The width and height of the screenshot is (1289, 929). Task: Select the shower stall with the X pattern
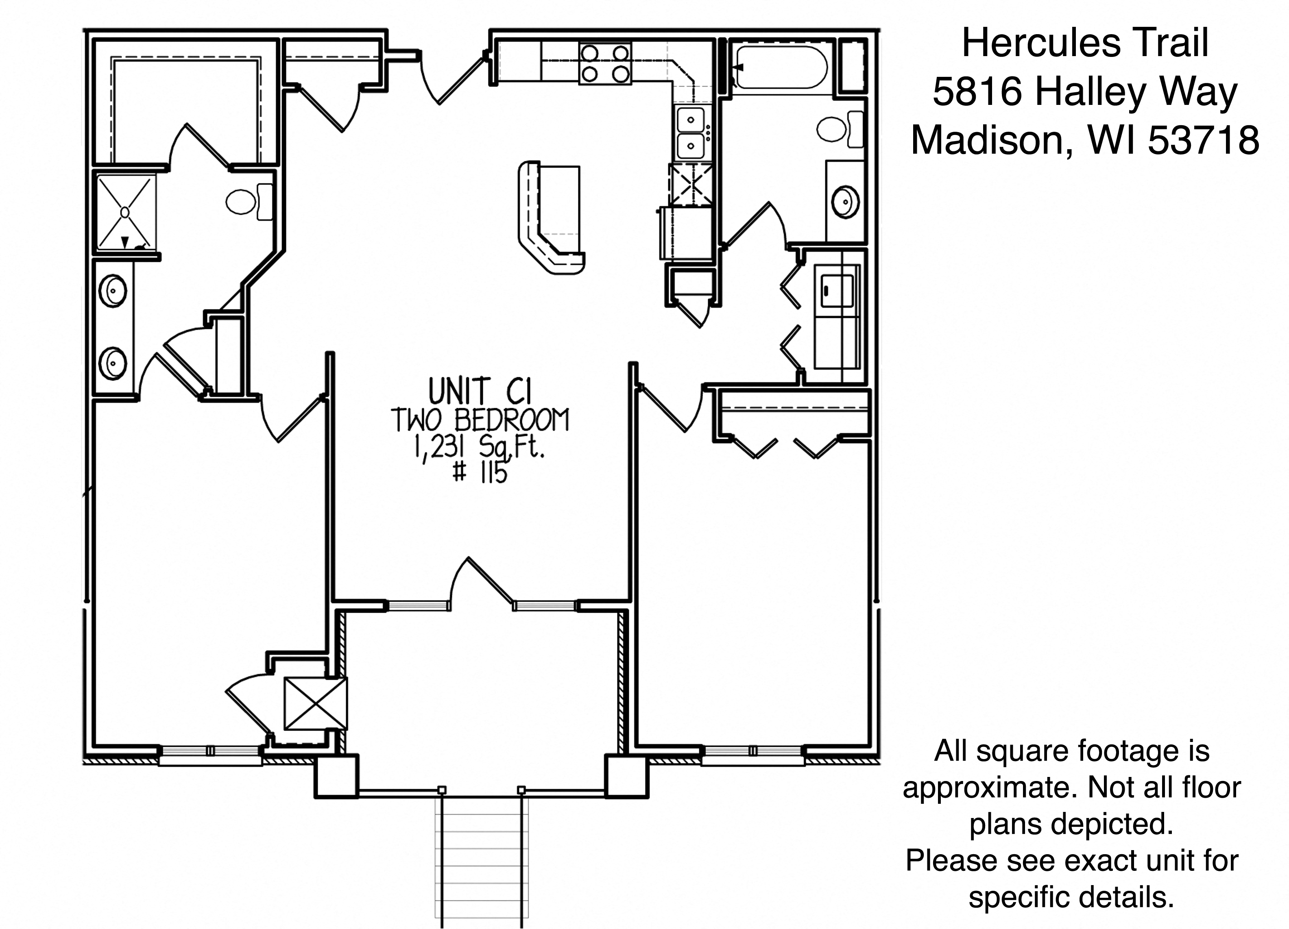(126, 212)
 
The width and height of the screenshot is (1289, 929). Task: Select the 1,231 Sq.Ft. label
(480, 449)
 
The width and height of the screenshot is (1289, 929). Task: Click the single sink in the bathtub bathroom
(846, 202)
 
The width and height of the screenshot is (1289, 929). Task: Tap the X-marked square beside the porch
(315, 703)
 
